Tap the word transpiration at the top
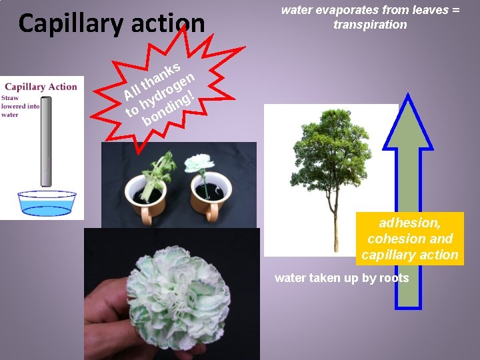click(x=370, y=25)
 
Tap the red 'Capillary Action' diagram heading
click(x=41, y=87)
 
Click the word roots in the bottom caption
click(x=394, y=278)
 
